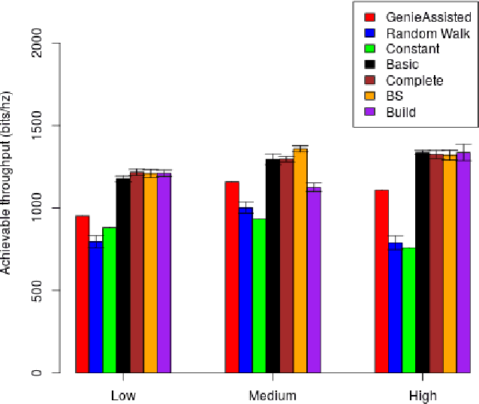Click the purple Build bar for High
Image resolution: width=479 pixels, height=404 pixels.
[x=463, y=263]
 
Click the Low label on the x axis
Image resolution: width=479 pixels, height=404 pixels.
[x=123, y=396]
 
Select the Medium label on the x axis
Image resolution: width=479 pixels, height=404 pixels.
[x=273, y=396]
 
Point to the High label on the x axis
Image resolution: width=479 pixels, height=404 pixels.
[x=423, y=396]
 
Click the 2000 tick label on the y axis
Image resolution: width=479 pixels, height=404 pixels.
[x=52, y=44]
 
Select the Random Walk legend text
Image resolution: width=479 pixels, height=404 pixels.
[x=428, y=33]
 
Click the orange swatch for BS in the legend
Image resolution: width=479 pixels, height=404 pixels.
[x=369, y=96]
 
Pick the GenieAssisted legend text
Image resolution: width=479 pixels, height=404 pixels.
[x=428, y=17]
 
